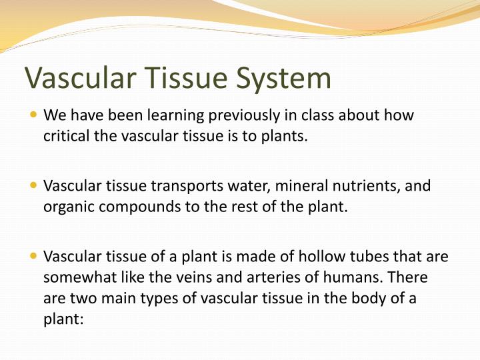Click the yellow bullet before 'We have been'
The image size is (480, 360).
[x=34, y=115]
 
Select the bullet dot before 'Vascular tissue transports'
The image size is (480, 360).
[x=34, y=185]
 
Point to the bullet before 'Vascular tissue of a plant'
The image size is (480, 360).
[x=34, y=256]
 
